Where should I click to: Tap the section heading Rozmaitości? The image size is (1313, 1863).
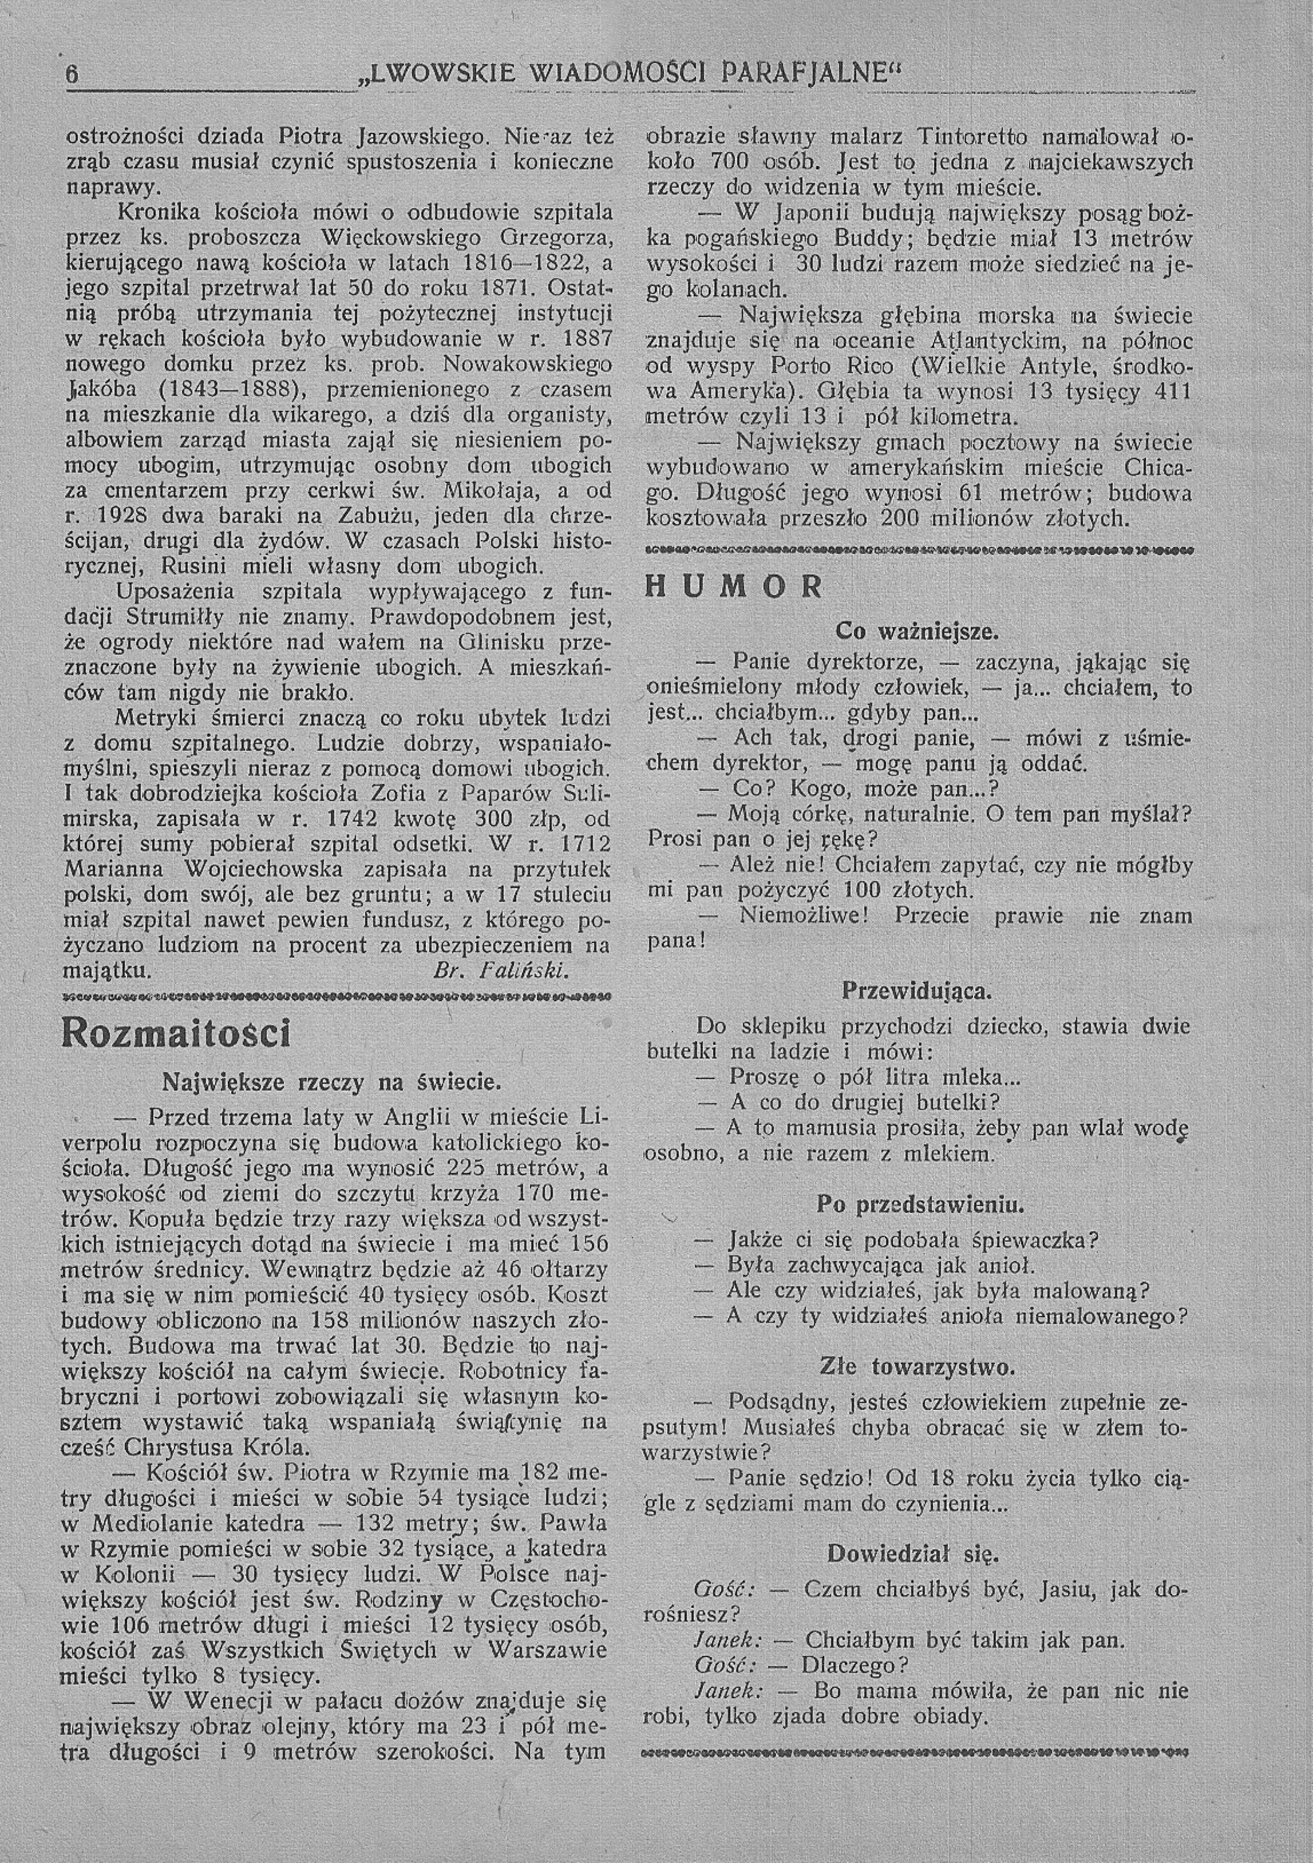pyautogui.click(x=175, y=1034)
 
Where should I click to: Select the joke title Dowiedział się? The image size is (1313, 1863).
pyautogui.click(x=913, y=1554)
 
